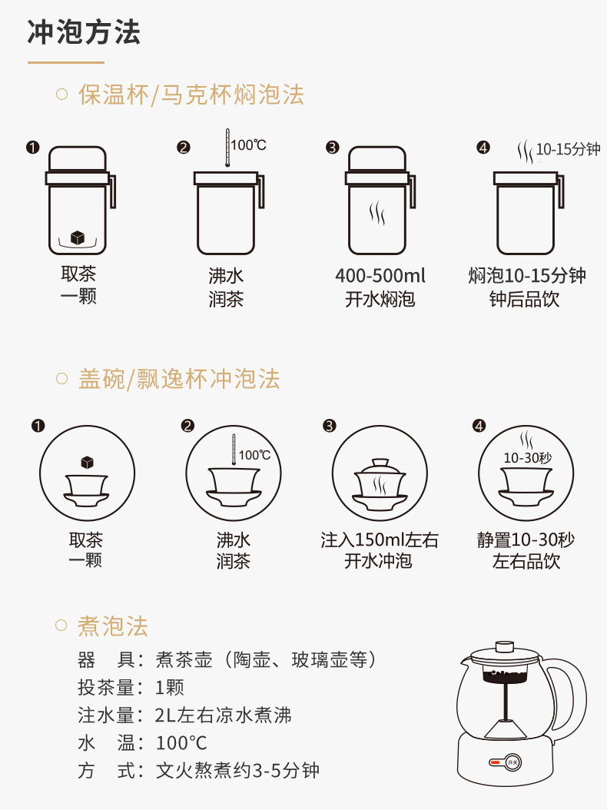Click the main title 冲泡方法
(84, 32)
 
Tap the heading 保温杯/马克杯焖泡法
(191, 95)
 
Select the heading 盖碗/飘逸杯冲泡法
(179, 379)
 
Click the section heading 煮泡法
(113, 626)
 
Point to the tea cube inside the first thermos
(78, 237)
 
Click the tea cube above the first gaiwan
(88, 462)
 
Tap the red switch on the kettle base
(495, 762)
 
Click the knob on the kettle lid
(504, 647)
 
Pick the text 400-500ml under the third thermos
(380, 275)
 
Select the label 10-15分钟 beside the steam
(568, 149)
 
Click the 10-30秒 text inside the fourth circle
(527, 458)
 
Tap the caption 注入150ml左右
(380, 539)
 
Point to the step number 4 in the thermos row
(483, 148)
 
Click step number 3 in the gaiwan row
(329, 426)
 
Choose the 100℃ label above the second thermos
(248, 145)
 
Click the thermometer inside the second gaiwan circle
(234, 450)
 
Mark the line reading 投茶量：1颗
(131, 688)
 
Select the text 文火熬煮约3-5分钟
(237, 770)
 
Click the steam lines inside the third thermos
(377, 212)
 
